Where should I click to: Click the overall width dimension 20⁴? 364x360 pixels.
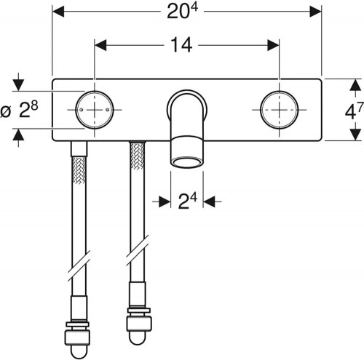(182, 11)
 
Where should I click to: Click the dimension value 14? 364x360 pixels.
(181, 45)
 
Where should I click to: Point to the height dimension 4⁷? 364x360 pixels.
(355, 111)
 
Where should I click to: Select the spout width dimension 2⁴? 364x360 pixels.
(187, 201)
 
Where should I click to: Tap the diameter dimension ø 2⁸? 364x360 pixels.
(20, 110)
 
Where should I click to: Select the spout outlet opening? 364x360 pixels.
(187, 163)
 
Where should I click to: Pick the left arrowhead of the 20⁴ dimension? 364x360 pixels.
(58, 12)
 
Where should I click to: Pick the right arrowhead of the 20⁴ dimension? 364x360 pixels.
(316, 12)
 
